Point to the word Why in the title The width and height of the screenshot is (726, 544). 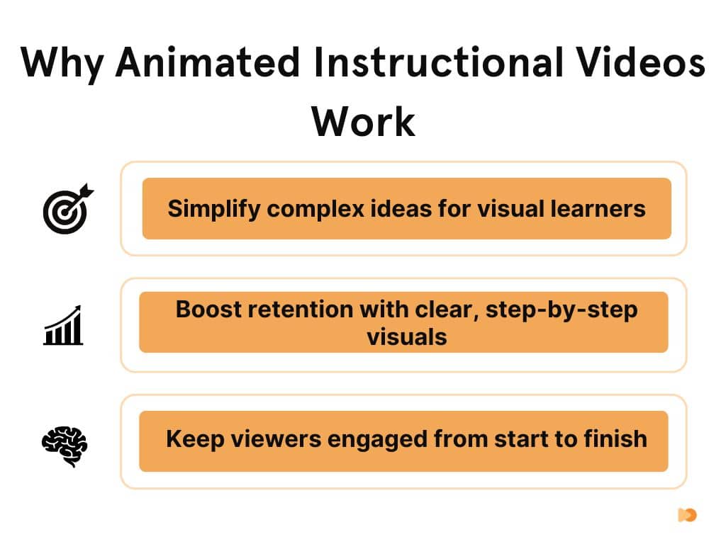point(62,64)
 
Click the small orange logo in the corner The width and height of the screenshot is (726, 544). point(686,515)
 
